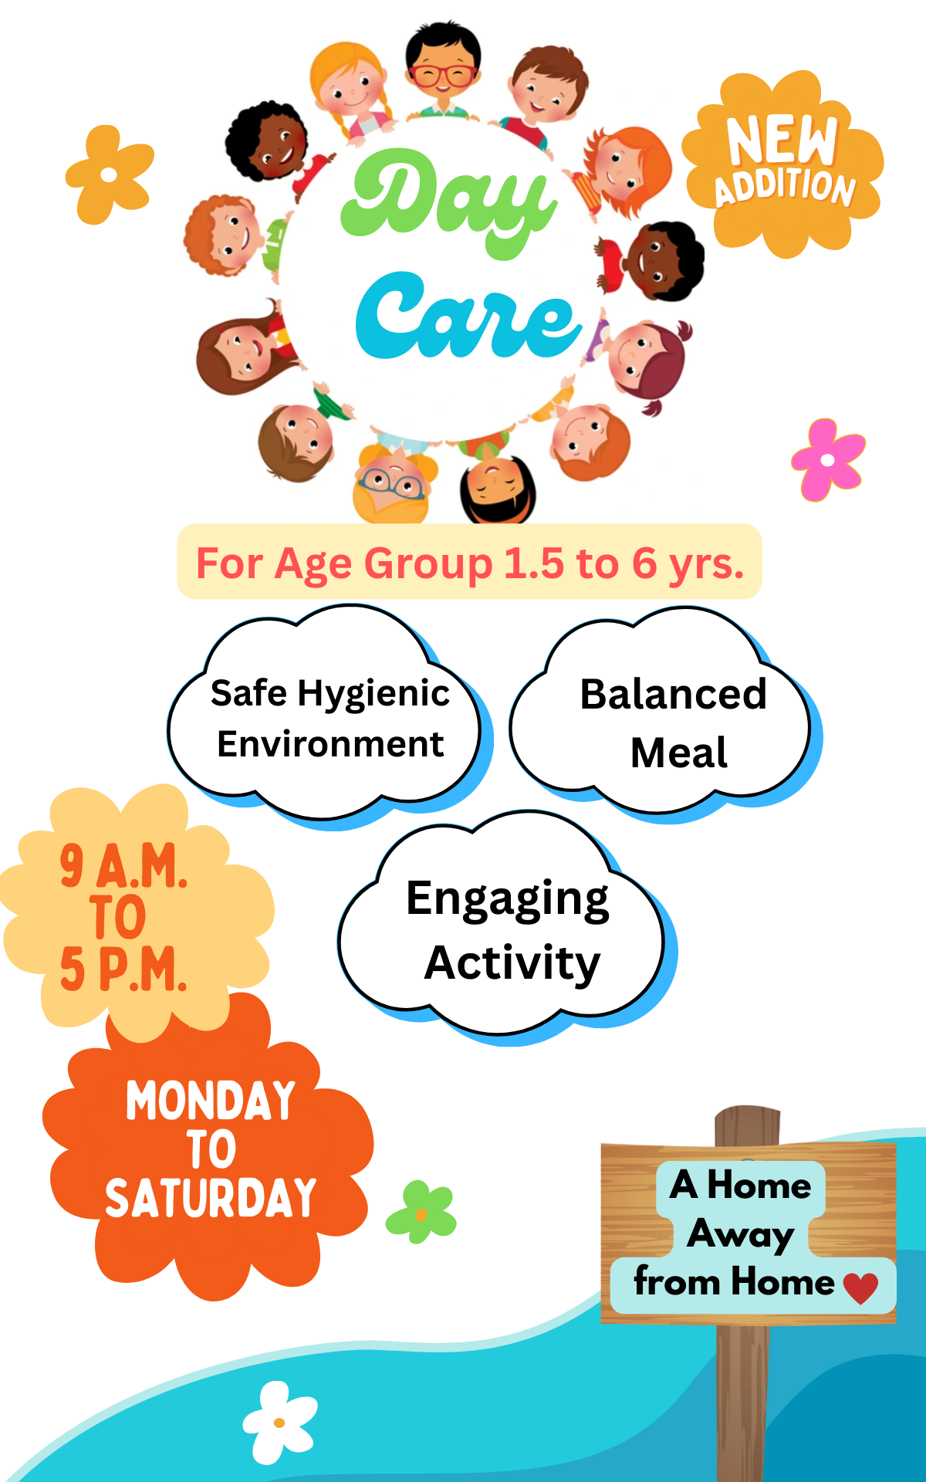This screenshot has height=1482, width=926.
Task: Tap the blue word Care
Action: click(468, 316)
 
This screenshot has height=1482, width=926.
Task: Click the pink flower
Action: click(828, 460)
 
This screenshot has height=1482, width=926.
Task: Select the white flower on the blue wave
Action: click(279, 1423)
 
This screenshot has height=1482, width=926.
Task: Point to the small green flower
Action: click(421, 1213)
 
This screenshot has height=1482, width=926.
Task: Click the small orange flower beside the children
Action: click(110, 175)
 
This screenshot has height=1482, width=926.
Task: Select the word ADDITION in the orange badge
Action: click(786, 188)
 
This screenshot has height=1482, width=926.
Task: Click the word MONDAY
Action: click(211, 1101)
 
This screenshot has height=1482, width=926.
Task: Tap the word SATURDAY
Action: click(211, 1198)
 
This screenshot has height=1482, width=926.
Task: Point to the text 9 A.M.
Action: click(123, 865)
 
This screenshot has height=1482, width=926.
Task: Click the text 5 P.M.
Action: click(123, 969)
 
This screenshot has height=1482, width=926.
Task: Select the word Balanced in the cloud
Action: click(674, 694)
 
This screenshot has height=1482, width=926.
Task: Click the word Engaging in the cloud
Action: click(508, 900)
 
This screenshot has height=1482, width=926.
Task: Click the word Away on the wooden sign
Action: click(741, 1234)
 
